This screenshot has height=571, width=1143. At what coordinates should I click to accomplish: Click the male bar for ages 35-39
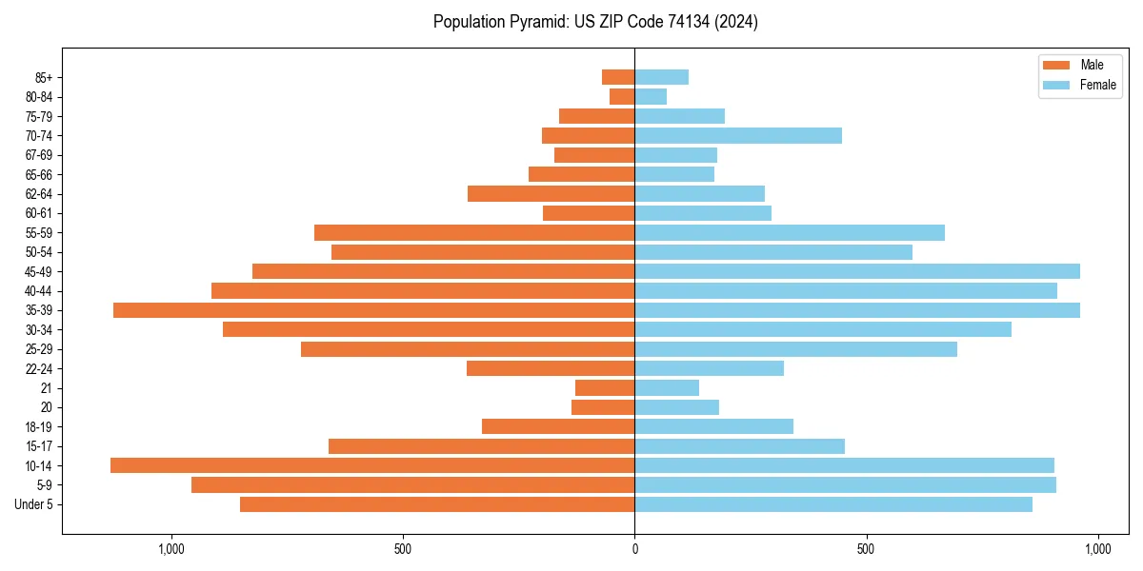click(373, 310)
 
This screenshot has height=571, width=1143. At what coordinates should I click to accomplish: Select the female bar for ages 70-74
click(738, 136)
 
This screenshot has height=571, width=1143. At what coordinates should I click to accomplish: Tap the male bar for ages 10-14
click(372, 465)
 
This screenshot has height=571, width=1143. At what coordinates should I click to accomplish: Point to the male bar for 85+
click(618, 77)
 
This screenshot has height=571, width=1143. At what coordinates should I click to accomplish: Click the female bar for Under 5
click(833, 504)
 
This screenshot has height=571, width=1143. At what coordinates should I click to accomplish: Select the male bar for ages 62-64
click(551, 194)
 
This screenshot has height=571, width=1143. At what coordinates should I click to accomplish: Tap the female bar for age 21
click(667, 388)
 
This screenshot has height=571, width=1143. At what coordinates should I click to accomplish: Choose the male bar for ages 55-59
click(474, 233)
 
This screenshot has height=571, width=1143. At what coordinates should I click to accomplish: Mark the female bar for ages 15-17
click(739, 446)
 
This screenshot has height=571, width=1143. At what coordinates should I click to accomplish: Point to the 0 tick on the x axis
click(634, 549)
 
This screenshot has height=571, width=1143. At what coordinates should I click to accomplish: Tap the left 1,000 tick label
click(171, 549)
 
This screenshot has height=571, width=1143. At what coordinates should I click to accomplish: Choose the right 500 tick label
click(866, 549)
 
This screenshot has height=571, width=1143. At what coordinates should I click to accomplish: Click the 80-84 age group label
click(39, 97)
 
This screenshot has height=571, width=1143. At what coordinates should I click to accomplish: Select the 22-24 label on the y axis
click(39, 369)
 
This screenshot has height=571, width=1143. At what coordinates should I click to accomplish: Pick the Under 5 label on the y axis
click(34, 504)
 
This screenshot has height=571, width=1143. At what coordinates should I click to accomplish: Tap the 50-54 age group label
click(39, 252)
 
